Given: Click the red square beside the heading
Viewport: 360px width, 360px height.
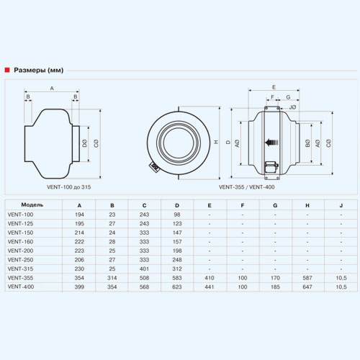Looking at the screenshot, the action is click(7, 70).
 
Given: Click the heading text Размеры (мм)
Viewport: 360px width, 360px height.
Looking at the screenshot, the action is click(39, 71).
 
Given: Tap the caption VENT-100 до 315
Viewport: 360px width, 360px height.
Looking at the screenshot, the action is click(69, 187).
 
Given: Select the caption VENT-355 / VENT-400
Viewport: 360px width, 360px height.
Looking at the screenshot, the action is click(246, 187).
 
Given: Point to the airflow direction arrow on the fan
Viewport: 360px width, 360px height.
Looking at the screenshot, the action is click(271, 143).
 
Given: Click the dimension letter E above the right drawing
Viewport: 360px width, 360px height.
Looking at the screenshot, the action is click(274, 87).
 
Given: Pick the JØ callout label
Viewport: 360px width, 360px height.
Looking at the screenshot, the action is click(292, 107).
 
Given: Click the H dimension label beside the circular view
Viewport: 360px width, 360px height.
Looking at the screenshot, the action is click(216, 142).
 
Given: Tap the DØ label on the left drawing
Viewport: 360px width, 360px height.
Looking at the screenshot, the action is click(84, 143).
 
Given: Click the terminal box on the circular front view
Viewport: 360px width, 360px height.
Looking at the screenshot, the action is click(154, 166).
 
